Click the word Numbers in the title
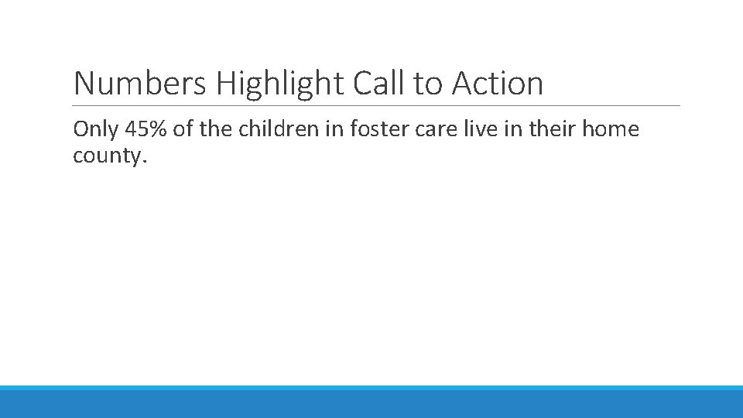coord(139,83)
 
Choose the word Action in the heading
coord(498,83)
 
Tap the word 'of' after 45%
coord(183,129)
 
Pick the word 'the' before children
coord(214,129)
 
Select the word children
coord(272,129)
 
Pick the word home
coord(611,129)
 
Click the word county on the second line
coord(108,156)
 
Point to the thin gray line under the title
coord(376,106)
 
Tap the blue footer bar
coord(371,403)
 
